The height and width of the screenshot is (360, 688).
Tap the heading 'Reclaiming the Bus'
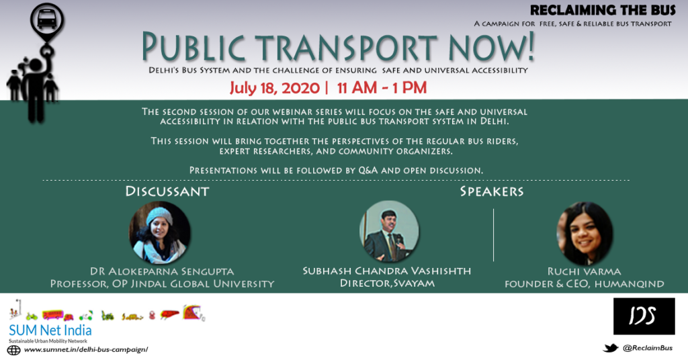(x=603, y=10)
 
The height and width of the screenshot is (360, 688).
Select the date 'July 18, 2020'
(x=275, y=88)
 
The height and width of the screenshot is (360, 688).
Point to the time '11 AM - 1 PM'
(x=382, y=88)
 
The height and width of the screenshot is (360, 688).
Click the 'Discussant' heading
(x=167, y=191)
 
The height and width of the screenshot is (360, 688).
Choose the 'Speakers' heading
(x=492, y=191)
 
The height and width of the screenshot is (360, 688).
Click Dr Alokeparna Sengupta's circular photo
(x=160, y=232)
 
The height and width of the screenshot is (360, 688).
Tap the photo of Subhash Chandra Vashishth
(x=389, y=231)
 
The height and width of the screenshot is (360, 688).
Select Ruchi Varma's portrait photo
(x=585, y=233)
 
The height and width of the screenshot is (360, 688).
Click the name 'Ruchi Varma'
(x=584, y=271)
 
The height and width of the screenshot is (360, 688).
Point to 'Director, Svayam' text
(x=388, y=283)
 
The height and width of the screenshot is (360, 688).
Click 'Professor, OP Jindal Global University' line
(x=162, y=283)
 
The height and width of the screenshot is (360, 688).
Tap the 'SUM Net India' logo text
(x=50, y=330)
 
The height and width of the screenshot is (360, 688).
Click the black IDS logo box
(x=644, y=316)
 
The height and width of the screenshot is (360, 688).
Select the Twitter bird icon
(x=610, y=348)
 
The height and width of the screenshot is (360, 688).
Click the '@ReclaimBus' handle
(x=648, y=348)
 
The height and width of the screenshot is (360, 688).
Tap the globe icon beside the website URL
(x=13, y=350)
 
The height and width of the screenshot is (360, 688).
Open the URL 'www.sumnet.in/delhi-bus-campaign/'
(x=86, y=349)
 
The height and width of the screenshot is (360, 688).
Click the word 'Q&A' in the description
(x=368, y=170)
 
